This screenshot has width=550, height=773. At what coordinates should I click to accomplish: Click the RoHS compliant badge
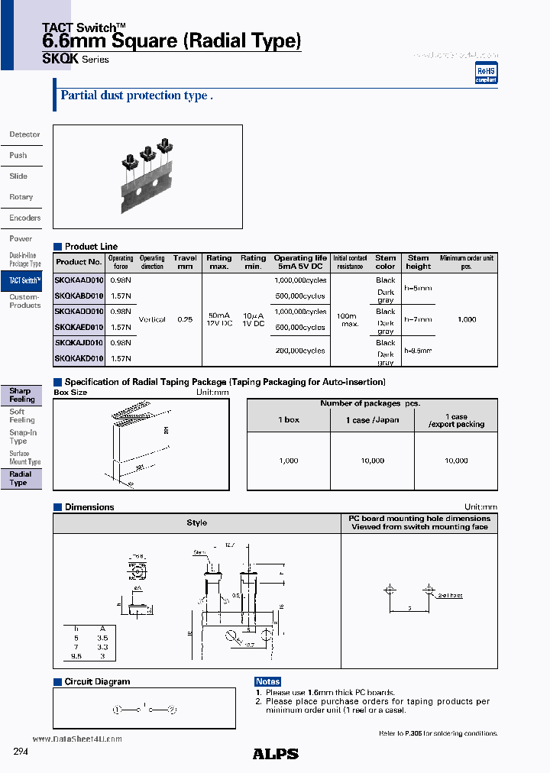[486, 73]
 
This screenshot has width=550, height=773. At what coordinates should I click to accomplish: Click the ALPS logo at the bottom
[275, 754]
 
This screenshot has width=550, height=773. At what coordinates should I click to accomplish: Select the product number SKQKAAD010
[79, 280]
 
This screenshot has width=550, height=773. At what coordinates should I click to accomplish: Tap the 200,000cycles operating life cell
[299, 351]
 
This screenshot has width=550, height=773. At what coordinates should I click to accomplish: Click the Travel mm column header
[185, 262]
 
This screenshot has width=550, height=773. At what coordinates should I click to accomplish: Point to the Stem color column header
[386, 262]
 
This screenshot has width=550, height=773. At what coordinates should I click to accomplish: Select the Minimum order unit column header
[466, 262]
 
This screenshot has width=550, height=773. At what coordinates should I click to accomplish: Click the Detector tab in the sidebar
[24, 134]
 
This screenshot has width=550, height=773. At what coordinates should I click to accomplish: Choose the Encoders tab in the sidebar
[24, 218]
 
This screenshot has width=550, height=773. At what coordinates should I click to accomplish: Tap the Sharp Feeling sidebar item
[21, 395]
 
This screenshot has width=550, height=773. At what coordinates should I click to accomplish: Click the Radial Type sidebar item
[20, 478]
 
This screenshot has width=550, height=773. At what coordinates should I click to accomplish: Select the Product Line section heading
[91, 247]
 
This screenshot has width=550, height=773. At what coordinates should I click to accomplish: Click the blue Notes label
[268, 681]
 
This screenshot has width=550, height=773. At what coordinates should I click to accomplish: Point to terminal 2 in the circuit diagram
[172, 710]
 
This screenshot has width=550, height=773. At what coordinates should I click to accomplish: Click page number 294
[21, 752]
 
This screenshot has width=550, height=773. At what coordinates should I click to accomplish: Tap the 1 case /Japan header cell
[372, 420]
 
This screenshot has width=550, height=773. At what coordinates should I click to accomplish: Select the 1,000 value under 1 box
[288, 461]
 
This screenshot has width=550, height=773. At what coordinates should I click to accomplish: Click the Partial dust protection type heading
[135, 96]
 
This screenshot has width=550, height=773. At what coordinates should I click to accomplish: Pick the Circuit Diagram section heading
[97, 681]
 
